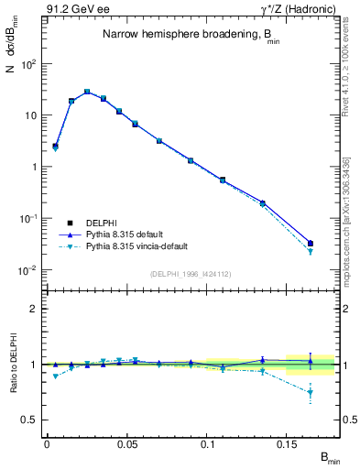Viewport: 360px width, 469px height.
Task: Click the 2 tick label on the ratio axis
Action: [x=33, y=309]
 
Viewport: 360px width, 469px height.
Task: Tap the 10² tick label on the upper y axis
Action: [x=27, y=64]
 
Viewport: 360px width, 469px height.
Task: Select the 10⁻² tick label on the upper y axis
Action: [x=27, y=270]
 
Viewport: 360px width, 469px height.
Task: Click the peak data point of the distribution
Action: [x=87, y=92]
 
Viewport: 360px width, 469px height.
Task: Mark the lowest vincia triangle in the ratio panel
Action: [x=311, y=393]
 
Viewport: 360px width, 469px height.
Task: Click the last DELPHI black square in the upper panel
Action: [x=311, y=244]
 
